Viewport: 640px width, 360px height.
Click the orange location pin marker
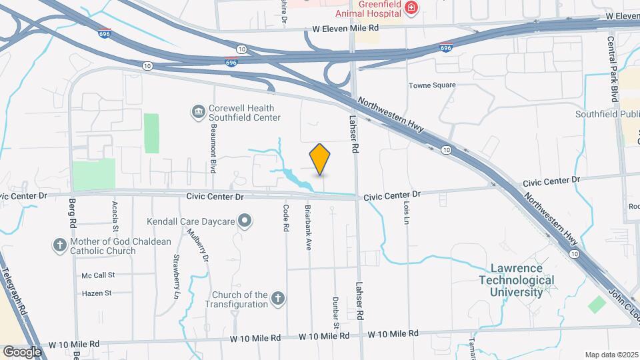pos(320,159)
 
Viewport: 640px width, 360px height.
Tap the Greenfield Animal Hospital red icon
pos(411,8)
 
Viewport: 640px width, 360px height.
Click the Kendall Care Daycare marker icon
pos(245,220)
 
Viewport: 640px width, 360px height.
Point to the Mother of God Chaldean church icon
pos(59,245)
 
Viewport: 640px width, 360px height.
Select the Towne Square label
pos(433,85)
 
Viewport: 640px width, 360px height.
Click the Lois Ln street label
pos(405,213)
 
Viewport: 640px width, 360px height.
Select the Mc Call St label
pos(99,275)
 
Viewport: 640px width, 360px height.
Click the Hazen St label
pos(97,293)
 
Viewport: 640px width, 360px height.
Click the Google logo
pos(22,351)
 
